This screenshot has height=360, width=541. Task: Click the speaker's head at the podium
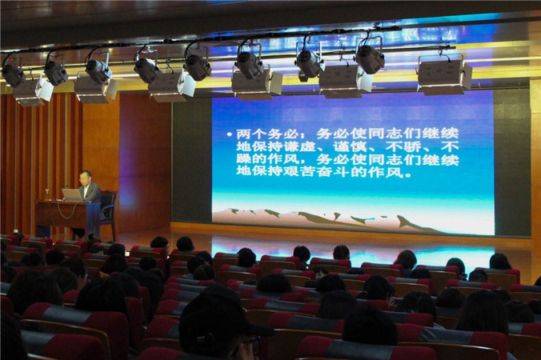click(x=85, y=178)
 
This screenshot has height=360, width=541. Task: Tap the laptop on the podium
click(x=72, y=195)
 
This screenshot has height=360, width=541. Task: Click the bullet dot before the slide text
click(x=229, y=134)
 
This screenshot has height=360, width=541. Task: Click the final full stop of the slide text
click(x=408, y=174)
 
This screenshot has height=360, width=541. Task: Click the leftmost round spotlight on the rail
click(x=13, y=74)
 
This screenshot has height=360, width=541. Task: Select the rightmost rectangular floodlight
click(x=445, y=76)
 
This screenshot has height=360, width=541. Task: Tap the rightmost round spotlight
click(x=371, y=58)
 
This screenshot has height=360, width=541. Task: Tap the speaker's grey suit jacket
click(x=90, y=193)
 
